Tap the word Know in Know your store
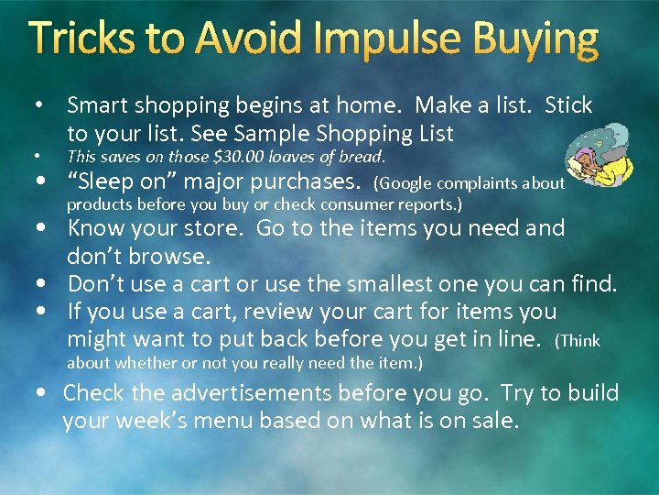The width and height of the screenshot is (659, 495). pos(96,228)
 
